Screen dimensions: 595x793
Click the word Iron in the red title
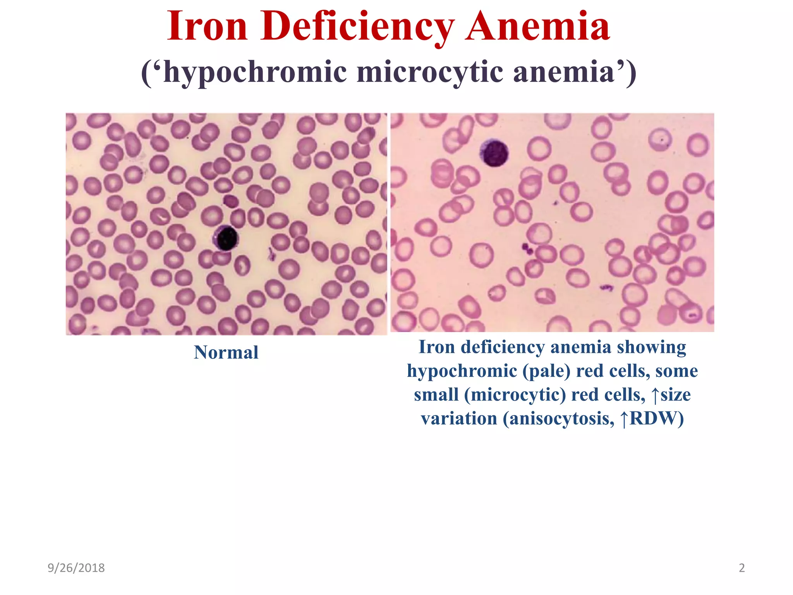click(x=207, y=26)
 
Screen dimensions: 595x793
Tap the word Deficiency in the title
click(x=357, y=26)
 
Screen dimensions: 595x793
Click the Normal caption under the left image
click(x=226, y=353)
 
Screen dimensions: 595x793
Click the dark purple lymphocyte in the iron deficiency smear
click(x=494, y=153)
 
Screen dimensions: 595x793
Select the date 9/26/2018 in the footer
click(x=76, y=568)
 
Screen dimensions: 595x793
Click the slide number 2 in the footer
click(x=742, y=568)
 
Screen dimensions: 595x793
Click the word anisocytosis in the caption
click(x=559, y=418)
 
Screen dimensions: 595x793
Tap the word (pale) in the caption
click(x=546, y=371)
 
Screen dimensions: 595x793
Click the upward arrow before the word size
click(x=655, y=395)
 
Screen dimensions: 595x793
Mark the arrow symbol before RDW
click(x=624, y=419)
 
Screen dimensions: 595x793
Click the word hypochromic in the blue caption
click(x=462, y=371)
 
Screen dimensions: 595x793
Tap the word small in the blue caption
click(x=436, y=395)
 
